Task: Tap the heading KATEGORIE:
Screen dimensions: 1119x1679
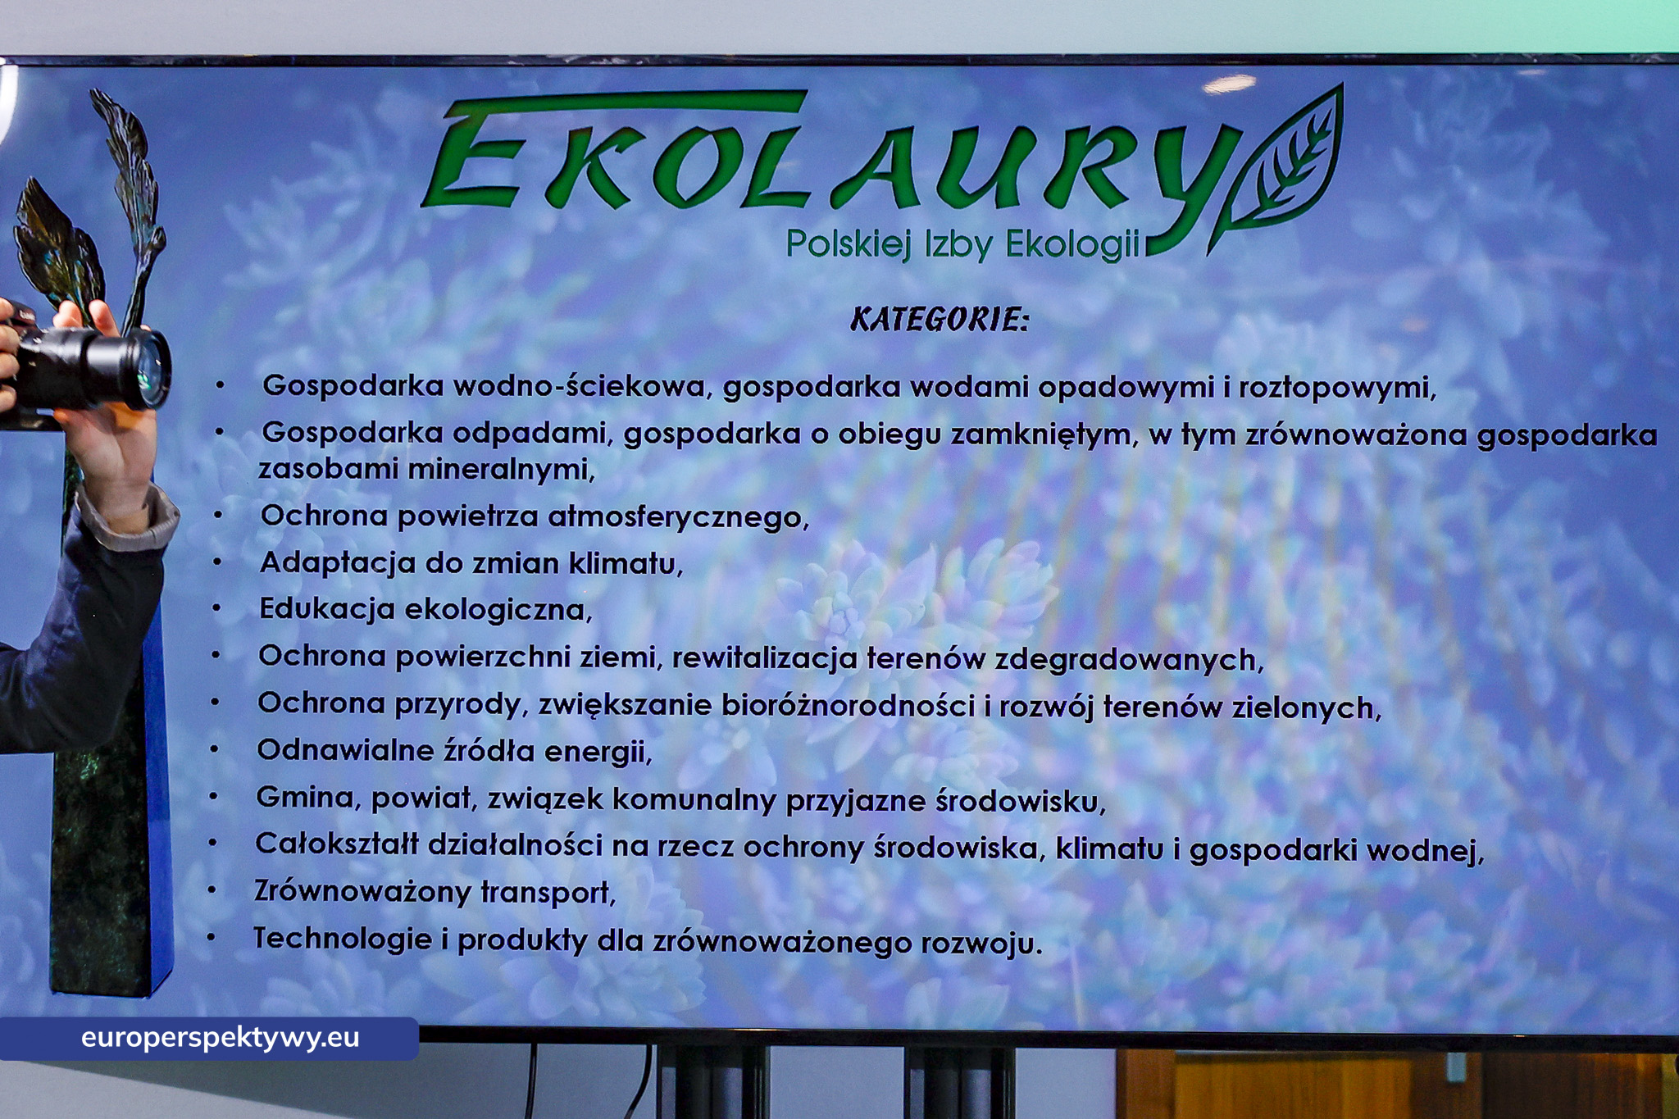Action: coord(939,320)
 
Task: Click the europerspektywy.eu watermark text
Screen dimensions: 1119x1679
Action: coord(220,1038)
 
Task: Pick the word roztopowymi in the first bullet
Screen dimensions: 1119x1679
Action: coord(1336,388)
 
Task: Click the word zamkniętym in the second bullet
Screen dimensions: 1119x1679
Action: coord(1044,434)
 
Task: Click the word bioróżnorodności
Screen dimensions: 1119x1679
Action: coord(849,706)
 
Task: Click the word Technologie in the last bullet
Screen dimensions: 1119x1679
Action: coord(342,939)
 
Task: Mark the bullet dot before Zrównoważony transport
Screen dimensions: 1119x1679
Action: coord(212,889)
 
